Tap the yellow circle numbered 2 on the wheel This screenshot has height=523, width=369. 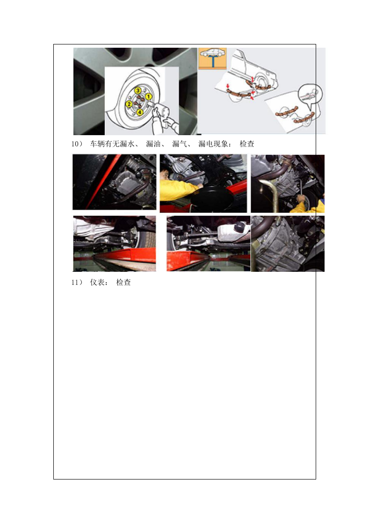pos(129,105)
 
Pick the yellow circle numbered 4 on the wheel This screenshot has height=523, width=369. pos(140,112)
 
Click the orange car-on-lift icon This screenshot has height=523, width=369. pos(212,58)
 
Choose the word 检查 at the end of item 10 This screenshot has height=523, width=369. pos(247,144)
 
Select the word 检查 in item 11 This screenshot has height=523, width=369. pos(123,283)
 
